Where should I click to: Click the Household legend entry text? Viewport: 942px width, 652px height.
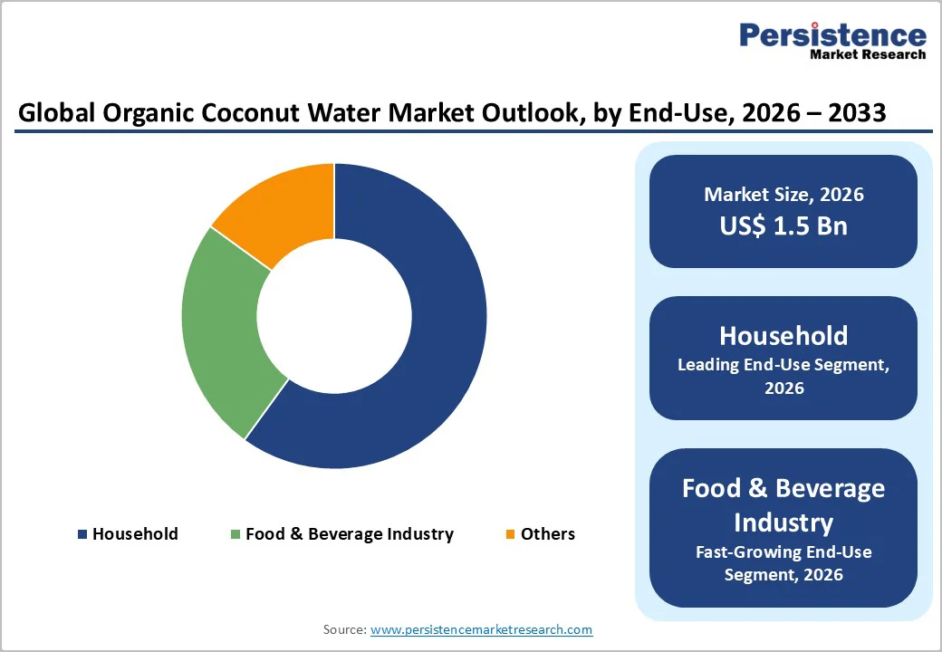[135, 533]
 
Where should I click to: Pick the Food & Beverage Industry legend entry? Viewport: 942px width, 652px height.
[349, 533]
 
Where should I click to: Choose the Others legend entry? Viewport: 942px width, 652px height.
[547, 533]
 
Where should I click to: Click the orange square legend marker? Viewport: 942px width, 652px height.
[511, 534]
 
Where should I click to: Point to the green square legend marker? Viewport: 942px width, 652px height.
[236, 534]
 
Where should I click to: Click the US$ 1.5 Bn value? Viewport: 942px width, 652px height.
[783, 225]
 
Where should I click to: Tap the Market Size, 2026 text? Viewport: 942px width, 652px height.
[783, 194]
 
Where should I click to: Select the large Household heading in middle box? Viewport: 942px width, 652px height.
[783, 335]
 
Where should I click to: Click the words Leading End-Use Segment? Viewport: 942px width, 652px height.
[783, 365]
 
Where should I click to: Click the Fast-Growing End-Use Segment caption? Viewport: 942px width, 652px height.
[783, 562]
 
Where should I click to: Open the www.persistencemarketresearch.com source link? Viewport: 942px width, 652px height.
[481, 628]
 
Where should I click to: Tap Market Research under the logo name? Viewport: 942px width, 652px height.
[868, 54]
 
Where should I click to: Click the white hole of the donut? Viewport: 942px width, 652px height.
[334, 316]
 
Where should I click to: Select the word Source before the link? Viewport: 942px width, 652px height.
[344, 628]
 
